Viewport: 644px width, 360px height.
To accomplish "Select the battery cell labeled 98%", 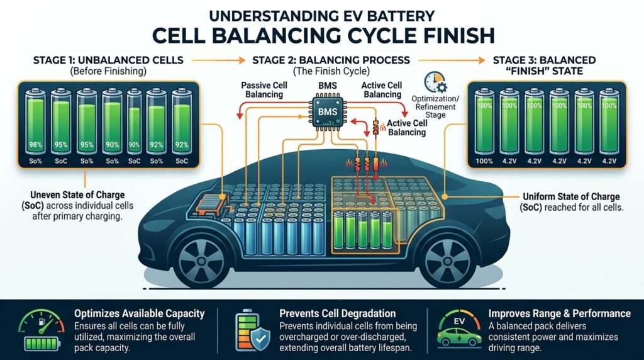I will pyautogui.click(x=35, y=123).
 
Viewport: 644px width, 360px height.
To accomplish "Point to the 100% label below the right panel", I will pyautogui.click(x=484, y=161).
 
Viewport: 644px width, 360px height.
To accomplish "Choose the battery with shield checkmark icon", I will pyautogui.click(x=254, y=329).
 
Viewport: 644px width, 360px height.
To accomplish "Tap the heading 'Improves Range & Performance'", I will pyautogui.click(x=559, y=313).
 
